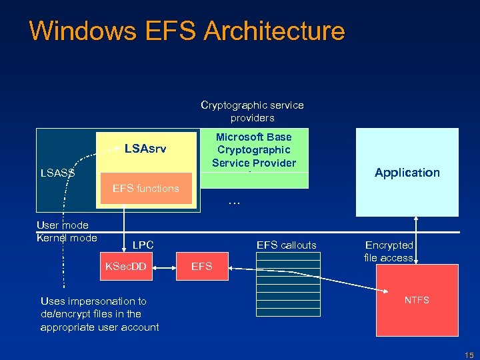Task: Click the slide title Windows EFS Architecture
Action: (187, 31)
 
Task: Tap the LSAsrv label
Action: (145, 147)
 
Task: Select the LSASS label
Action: (57, 173)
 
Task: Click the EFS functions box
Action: (145, 188)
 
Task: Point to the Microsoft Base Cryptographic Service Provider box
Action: (254, 150)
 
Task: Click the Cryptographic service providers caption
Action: (252, 111)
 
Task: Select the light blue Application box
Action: (407, 172)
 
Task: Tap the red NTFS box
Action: (417, 300)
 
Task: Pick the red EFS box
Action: (201, 267)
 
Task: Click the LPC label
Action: (143, 245)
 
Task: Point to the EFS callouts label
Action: (286, 245)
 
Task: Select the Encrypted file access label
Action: (389, 251)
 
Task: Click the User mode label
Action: (62, 225)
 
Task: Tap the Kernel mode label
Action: (67, 238)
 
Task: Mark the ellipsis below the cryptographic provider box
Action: (233, 201)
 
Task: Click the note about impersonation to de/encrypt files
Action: (99, 314)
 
